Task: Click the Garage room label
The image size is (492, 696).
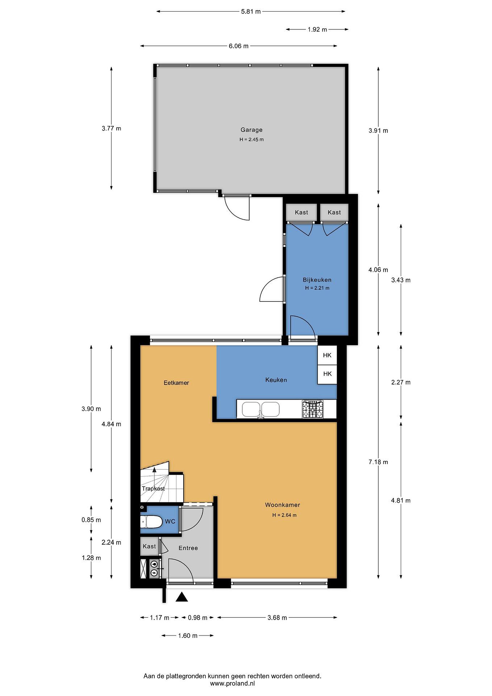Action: (x=251, y=130)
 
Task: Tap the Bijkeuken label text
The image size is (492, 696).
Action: (x=317, y=280)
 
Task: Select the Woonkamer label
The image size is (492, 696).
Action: (x=282, y=505)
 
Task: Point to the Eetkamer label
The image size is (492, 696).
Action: (x=176, y=383)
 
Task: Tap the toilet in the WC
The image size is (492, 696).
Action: (x=151, y=522)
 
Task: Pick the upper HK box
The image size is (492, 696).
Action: (x=327, y=355)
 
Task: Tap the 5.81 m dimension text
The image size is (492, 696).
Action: (x=251, y=12)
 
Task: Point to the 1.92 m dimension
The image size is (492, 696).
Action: (x=317, y=29)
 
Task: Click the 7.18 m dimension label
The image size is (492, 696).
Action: (x=378, y=462)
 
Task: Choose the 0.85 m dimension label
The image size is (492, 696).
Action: (x=91, y=520)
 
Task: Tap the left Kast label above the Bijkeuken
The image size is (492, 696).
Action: (x=301, y=212)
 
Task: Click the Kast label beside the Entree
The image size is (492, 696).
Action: (x=149, y=546)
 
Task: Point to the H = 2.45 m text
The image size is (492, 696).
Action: (x=251, y=139)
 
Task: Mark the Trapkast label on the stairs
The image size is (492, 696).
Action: (x=153, y=489)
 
